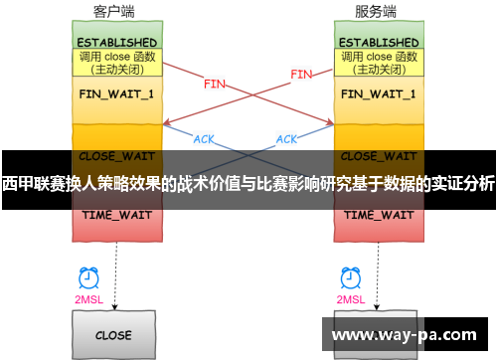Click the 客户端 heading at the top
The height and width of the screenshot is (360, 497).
[113, 12]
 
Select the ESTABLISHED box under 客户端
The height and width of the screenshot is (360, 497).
[113, 43]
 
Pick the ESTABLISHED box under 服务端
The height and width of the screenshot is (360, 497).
[379, 43]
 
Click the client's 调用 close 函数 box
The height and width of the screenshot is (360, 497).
[113, 64]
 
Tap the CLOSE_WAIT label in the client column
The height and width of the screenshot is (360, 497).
[113, 155]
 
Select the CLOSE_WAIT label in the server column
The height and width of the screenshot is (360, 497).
[379, 155]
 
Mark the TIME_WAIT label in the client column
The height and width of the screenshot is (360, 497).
[113, 215]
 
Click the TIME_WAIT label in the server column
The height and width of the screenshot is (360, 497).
[379, 215]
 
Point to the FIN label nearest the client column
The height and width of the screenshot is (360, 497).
[214, 85]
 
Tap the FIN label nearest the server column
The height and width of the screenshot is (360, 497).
[300, 74]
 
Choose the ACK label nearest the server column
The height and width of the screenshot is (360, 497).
[286, 139]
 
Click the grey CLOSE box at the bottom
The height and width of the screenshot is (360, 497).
[113, 335]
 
